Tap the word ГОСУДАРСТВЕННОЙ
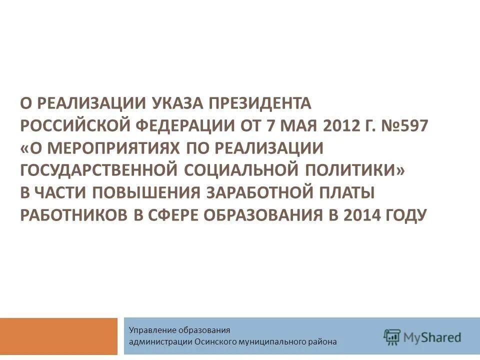99,171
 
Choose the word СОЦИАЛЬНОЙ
239,171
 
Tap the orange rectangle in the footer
58,336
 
